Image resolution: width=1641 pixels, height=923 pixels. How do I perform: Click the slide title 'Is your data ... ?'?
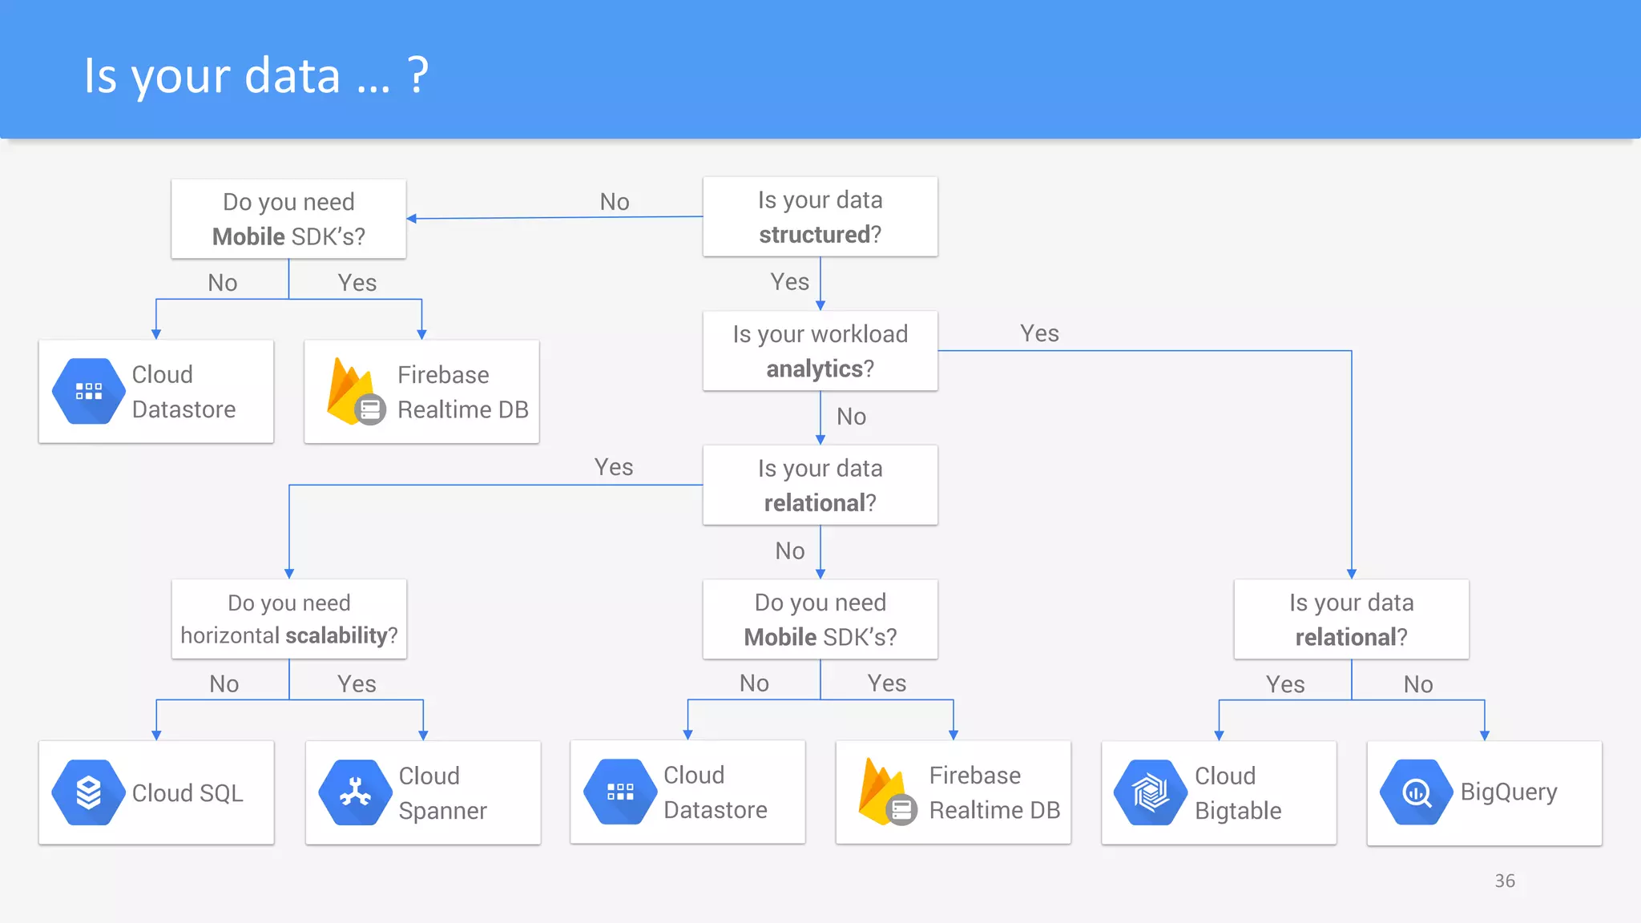pyautogui.click(x=256, y=76)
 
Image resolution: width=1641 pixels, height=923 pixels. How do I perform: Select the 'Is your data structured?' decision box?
pyautogui.click(x=820, y=217)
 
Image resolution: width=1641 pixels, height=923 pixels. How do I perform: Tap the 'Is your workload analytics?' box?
pyautogui.click(x=820, y=351)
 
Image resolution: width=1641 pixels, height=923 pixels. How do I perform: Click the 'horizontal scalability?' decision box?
pyautogui.click(x=288, y=619)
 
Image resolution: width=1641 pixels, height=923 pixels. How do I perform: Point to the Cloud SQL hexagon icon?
pyautogui.click(x=88, y=792)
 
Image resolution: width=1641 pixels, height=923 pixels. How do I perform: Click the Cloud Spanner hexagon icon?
pyautogui.click(x=355, y=792)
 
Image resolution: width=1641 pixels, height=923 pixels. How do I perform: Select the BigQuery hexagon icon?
pyautogui.click(x=1416, y=792)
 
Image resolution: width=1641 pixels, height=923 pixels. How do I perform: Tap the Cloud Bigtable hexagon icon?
pyautogui.click(x=1151, y=792)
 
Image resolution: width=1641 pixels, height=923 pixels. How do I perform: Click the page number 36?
pyautogui.click(x=1505, y=881)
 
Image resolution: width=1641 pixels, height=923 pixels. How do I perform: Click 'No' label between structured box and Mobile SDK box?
pyautogui.click(x=615, y=202)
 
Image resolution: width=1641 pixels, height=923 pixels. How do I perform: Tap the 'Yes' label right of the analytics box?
pyautogui.click(x=1039, y=333)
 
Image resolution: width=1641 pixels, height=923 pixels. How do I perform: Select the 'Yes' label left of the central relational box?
pyautogui.click(x=614, y=467)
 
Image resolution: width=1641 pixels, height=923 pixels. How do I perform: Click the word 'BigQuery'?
pyautogui.click(x=1509, y=792)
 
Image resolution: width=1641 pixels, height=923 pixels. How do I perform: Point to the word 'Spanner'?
pyautogui.click(x=442, y=811)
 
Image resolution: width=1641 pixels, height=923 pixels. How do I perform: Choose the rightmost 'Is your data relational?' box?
pyautogui.click(x=1351, y=619)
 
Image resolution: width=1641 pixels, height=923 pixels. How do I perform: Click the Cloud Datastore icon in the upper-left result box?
pyautogui.click(x=88, y=391)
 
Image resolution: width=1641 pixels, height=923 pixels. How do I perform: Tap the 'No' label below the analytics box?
pyautogui.click(x=851, y=417)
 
